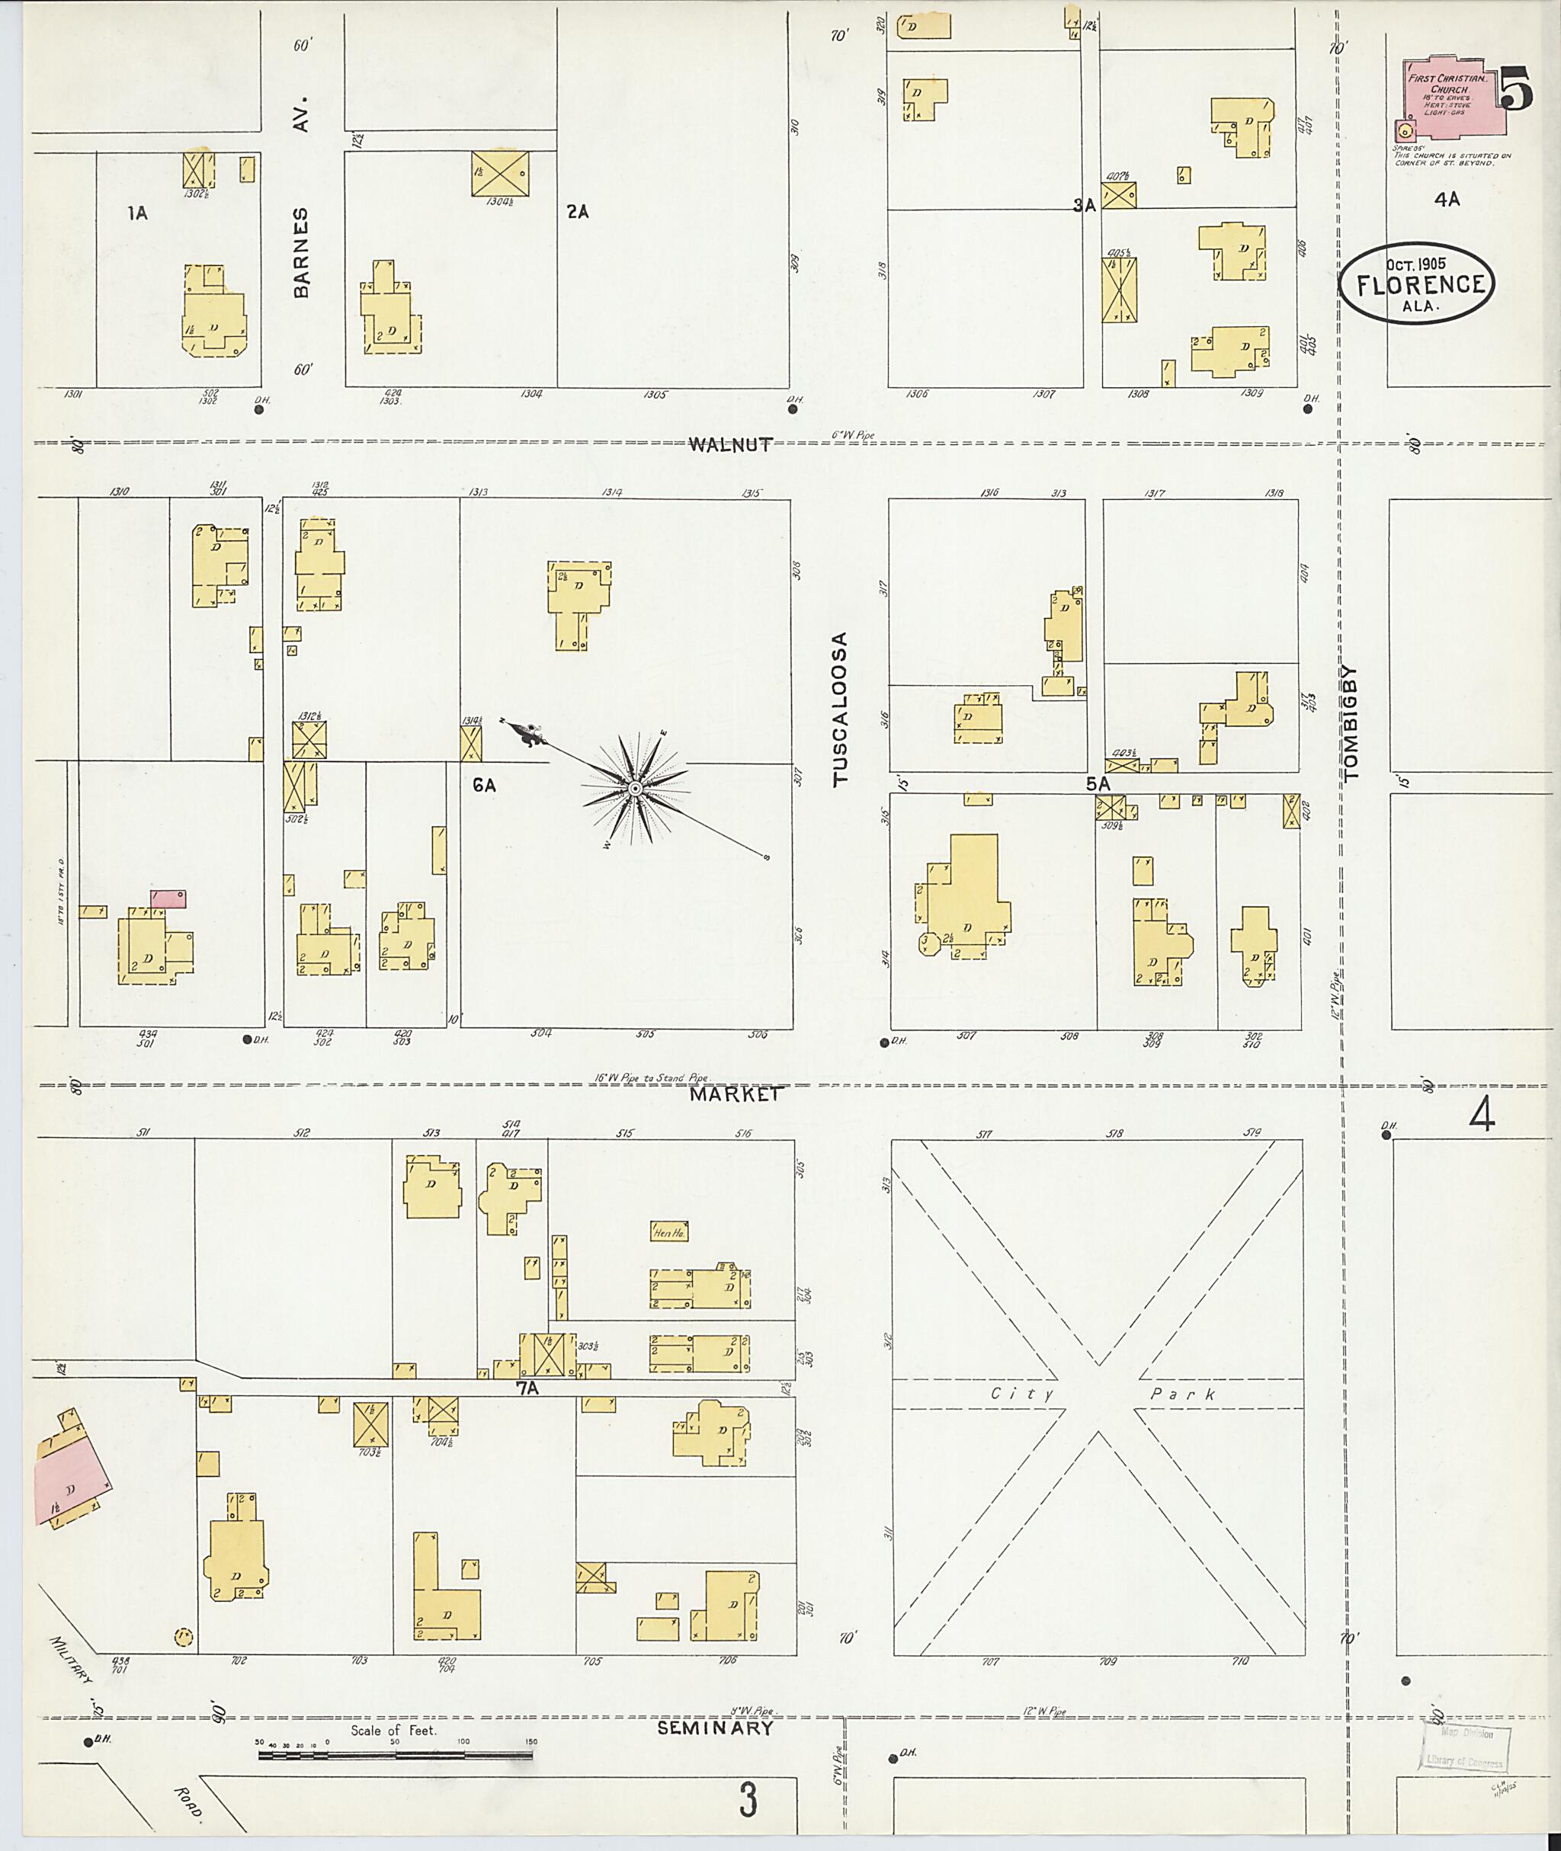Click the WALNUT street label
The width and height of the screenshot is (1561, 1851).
[x=731, y=445]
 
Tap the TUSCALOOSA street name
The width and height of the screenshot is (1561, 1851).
[x=841, y=707]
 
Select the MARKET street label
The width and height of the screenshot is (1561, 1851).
[x=736, y=1094]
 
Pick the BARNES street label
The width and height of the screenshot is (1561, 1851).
[x=302, y=251]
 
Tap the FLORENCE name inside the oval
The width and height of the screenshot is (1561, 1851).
[x=1418, y=284]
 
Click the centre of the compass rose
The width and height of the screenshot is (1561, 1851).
[x=636, y=787]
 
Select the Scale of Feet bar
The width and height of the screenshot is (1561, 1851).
[x=396, y=1754]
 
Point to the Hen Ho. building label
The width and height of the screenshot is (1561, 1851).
[x=669, y=1231]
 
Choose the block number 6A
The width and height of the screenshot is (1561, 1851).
[x=483, y=784]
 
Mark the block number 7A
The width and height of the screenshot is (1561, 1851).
[x=527, y=1388]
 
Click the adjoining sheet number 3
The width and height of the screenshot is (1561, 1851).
[x=748, y=1801]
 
